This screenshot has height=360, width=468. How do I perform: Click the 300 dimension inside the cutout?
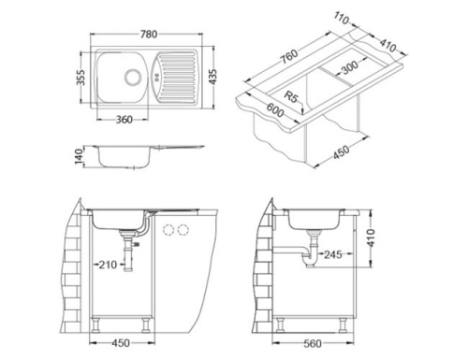pyautogui.click(x=348, y=69)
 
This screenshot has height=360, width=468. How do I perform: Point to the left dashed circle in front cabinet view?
pyautogui.click(x=168, y=230)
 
